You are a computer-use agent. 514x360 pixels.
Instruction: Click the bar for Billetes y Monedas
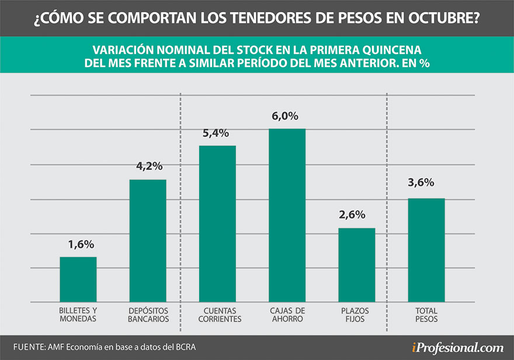78,279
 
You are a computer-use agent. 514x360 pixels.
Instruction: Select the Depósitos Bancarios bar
148,241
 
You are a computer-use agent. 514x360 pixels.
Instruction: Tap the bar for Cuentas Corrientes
217,223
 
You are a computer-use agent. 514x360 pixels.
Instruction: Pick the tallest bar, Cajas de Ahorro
287,215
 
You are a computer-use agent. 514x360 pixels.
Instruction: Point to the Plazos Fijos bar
356,265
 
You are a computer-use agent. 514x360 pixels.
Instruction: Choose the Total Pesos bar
426,250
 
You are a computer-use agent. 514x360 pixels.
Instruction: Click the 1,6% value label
78,244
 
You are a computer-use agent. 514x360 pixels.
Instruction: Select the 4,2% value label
148,167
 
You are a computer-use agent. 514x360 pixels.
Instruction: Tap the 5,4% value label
217,133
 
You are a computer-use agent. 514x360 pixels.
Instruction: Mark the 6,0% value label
287,116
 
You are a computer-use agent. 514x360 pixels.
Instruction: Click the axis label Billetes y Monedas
78,315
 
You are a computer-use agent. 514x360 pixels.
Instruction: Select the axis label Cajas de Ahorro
287,315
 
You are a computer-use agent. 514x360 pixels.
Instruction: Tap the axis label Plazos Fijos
356,315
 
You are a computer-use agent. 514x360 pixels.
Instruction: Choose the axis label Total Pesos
426,315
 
